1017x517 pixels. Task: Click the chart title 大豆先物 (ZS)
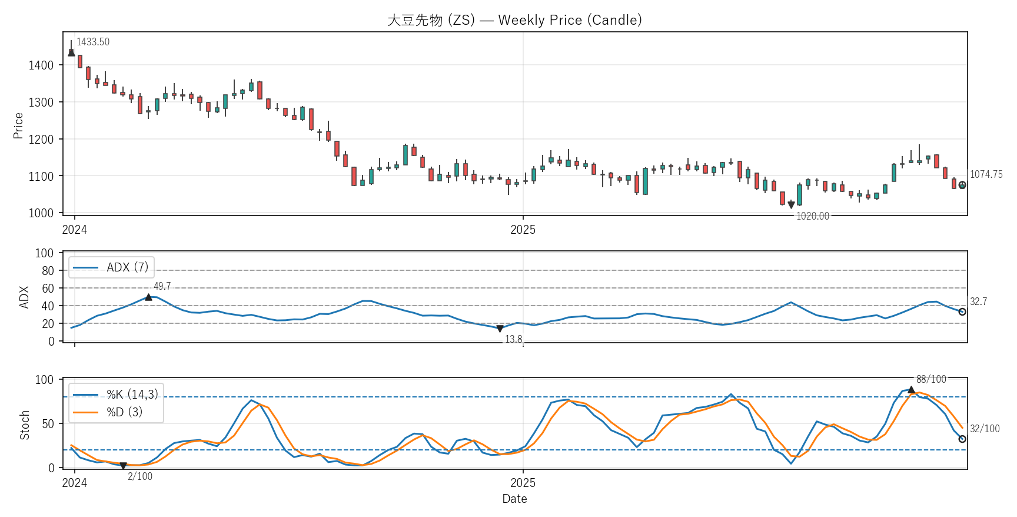coord(514,20)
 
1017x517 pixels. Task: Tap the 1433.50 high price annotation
coord(93,42)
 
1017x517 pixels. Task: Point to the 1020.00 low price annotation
coord(812,216)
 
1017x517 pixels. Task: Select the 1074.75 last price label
coord(986,174)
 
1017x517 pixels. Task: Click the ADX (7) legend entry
coord(127,267)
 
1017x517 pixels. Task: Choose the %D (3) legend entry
coord(124,412)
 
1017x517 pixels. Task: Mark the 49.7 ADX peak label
coord(162,286)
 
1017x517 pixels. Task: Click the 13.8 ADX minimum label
coord(513,339)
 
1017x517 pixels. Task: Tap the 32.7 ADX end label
coord(978,301)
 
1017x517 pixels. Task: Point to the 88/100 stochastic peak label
coord(931,379)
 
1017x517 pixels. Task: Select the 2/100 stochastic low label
coord(140,476)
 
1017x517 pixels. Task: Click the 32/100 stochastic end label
coord(985,429)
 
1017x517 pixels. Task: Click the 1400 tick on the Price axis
coord(41,65)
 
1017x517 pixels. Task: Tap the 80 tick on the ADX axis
coord(48,271)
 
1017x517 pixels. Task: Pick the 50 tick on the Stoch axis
coord(48,424)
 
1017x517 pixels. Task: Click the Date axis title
coord(514,499)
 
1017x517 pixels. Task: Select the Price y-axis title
coord(18,125)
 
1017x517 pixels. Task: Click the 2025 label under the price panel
coord(523,230)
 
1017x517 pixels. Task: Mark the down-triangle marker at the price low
coord(791,205)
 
